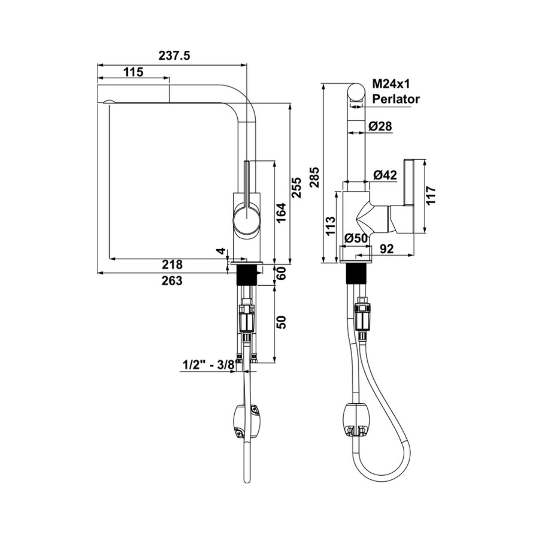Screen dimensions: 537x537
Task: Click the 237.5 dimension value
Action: coord(174,56)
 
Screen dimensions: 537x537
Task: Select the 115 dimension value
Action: coord(133,72)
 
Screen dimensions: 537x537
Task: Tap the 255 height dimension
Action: coord(296,187)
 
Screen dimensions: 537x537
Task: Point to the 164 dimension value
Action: coord(281,213)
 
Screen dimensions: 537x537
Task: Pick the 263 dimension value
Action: coord(173,280)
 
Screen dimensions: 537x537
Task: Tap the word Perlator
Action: coord(396,99)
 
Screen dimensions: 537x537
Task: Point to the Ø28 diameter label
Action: coord(381,127)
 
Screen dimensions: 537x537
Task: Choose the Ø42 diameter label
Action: coord(385,175)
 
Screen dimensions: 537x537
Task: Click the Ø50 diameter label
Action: coord(356,239)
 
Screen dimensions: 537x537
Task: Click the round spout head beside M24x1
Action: coord(356,93)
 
